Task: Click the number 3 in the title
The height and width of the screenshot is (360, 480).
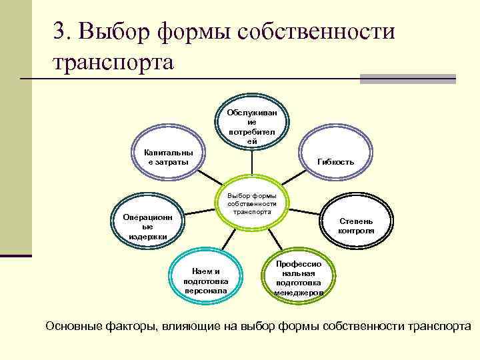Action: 60,31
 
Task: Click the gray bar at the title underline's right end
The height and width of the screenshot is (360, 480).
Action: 407,79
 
